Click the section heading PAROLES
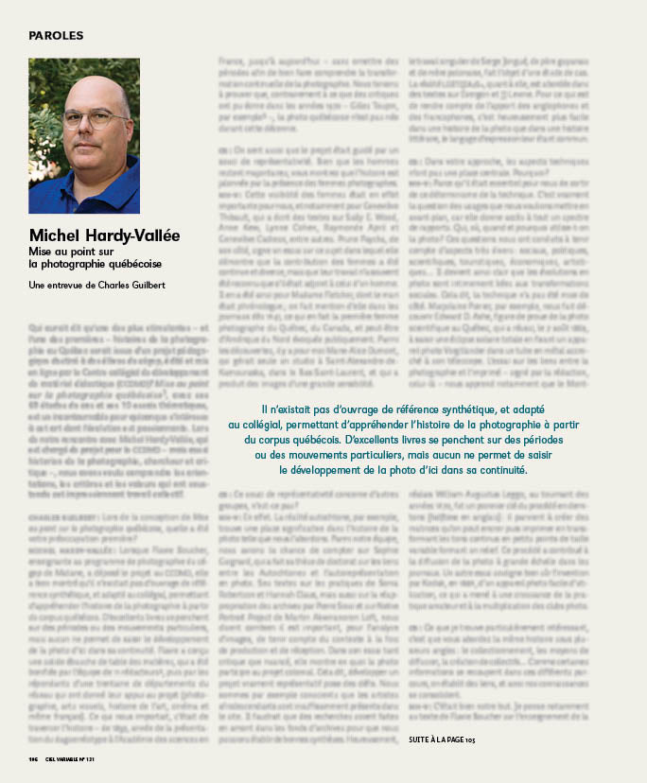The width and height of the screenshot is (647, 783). (56, 36)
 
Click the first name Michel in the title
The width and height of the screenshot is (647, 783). (58, 235)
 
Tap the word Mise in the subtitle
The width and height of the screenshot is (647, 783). (41, 252)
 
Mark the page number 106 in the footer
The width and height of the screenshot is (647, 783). (34, 758)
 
